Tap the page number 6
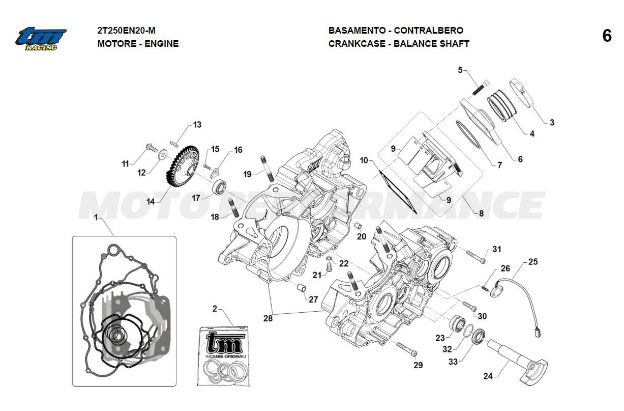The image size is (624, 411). pyautogui.click(x=607, y=36)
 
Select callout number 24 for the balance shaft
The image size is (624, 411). pyautogui.click(x=488, y=376)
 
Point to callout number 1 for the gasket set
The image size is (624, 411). pyautogui.click(x=96, y=217)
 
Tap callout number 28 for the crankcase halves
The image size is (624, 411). pyautogui.click(x=268, y=318)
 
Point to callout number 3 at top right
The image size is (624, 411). pyautogui.click(x=552, y=122)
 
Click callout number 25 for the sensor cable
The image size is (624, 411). pyautogui.click(x=532, y=262)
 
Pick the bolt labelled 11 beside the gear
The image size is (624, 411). pyautogui.click(x=151, y=148)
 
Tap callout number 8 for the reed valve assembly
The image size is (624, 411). pyautogui.click(x=481, y=213)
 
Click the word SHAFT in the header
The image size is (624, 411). pyautogui.click(x=455, y=44)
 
